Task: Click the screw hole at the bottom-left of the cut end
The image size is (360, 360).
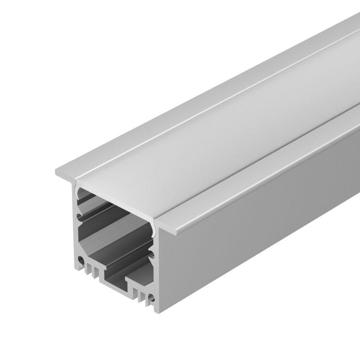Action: pos(81,261)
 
